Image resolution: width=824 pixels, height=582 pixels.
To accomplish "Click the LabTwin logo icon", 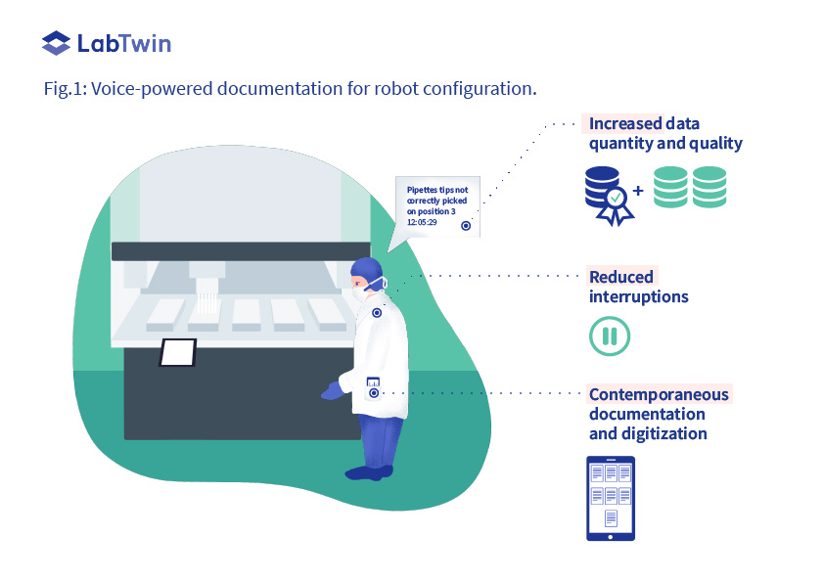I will [x=57, y=43].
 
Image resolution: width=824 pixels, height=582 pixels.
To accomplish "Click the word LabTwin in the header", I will [x=123, y=43].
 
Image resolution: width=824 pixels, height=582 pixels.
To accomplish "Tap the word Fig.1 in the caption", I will [x=66, y=89].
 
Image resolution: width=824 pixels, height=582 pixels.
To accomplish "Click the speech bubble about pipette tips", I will [x=437, y=206].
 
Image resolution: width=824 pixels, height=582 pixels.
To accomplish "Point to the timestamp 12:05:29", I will [x=423, y=223].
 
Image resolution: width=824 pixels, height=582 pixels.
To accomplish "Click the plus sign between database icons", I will [x=638, y=191].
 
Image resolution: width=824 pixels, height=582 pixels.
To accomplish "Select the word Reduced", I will [x=621, y=277].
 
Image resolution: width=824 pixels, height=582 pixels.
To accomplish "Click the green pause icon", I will [x=610, y=336].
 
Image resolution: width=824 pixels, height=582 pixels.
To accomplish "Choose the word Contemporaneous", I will [x=659, y=394].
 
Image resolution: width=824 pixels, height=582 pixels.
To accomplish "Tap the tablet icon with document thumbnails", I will [x=610, y=498].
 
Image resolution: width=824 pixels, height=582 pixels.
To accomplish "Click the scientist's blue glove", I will [x=334, y=391].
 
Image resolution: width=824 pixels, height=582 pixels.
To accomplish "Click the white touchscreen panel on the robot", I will [x=178, y=352].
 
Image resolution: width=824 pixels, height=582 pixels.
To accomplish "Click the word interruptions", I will [x=639, y=296].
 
